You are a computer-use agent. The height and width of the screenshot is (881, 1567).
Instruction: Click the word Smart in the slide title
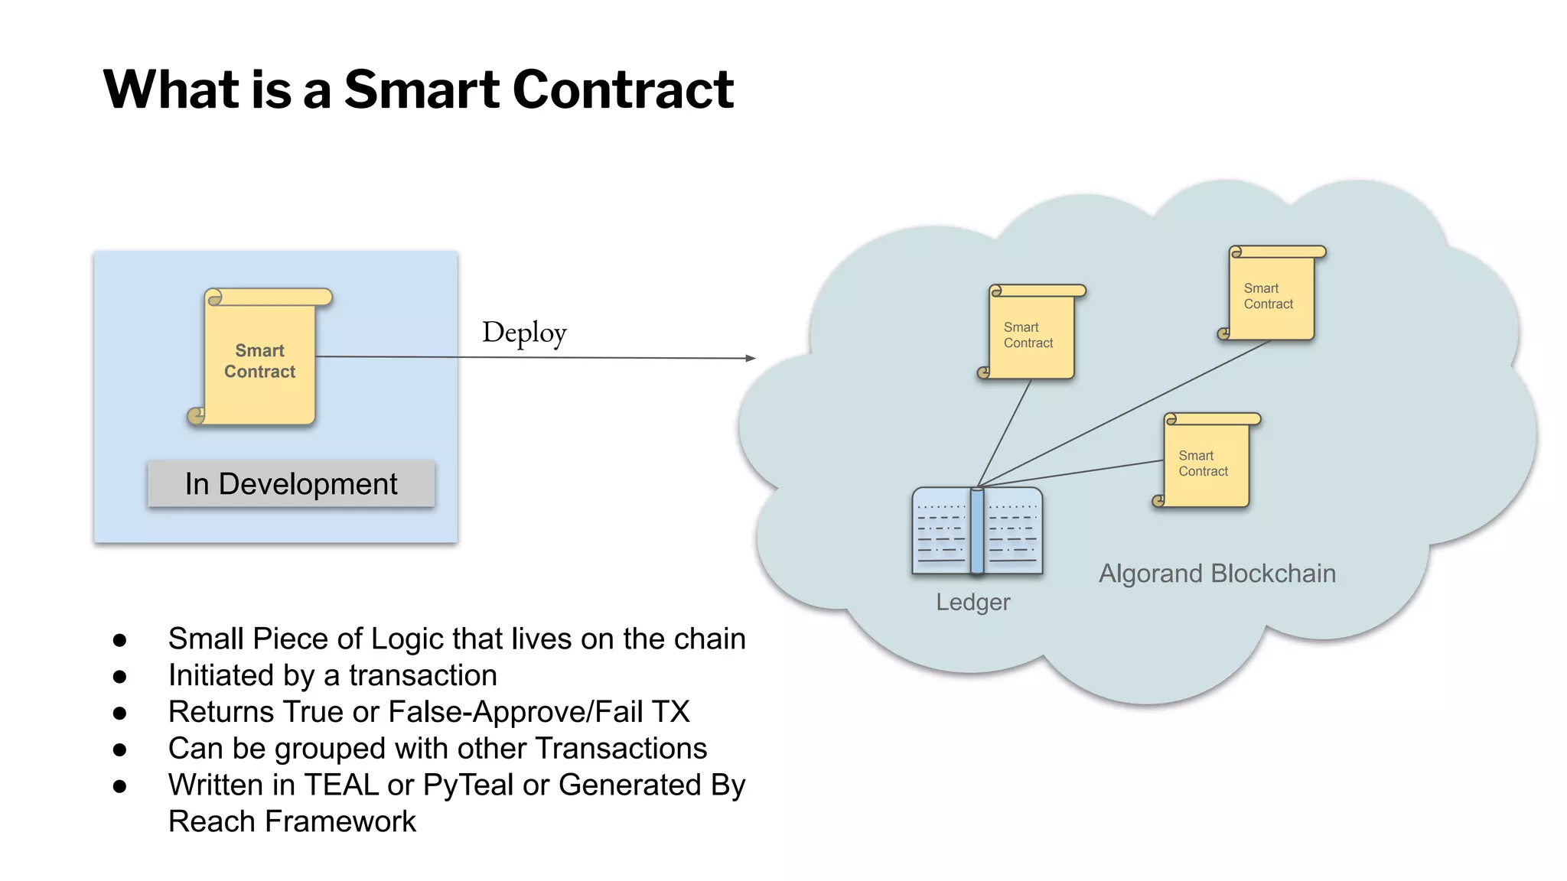[x=422, y=89]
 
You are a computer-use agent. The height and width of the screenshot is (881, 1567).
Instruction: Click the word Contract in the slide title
[x=623, y=89]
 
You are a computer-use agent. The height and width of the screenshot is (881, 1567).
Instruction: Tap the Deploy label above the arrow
[x=524, y=333]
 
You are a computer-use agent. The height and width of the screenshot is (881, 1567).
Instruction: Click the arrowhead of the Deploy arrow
[x=751, y=358]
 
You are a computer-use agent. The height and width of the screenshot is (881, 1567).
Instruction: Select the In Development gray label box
[x=291, y=484]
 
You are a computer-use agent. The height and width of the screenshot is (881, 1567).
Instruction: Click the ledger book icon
[x=977, y=532]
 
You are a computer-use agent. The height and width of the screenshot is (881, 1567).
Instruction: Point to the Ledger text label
[x=972, y=603]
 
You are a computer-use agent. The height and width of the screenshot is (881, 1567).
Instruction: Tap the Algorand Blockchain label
[x=1217, y=574]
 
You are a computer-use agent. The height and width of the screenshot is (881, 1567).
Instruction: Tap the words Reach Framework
[x=292, y=822]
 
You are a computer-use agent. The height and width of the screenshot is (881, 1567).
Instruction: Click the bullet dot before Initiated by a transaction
[x=119, y=677]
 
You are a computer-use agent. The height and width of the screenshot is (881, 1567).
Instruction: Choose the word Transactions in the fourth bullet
[x=621, y=749]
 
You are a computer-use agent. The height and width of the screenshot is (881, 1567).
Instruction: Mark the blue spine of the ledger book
[x=977, y=532]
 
